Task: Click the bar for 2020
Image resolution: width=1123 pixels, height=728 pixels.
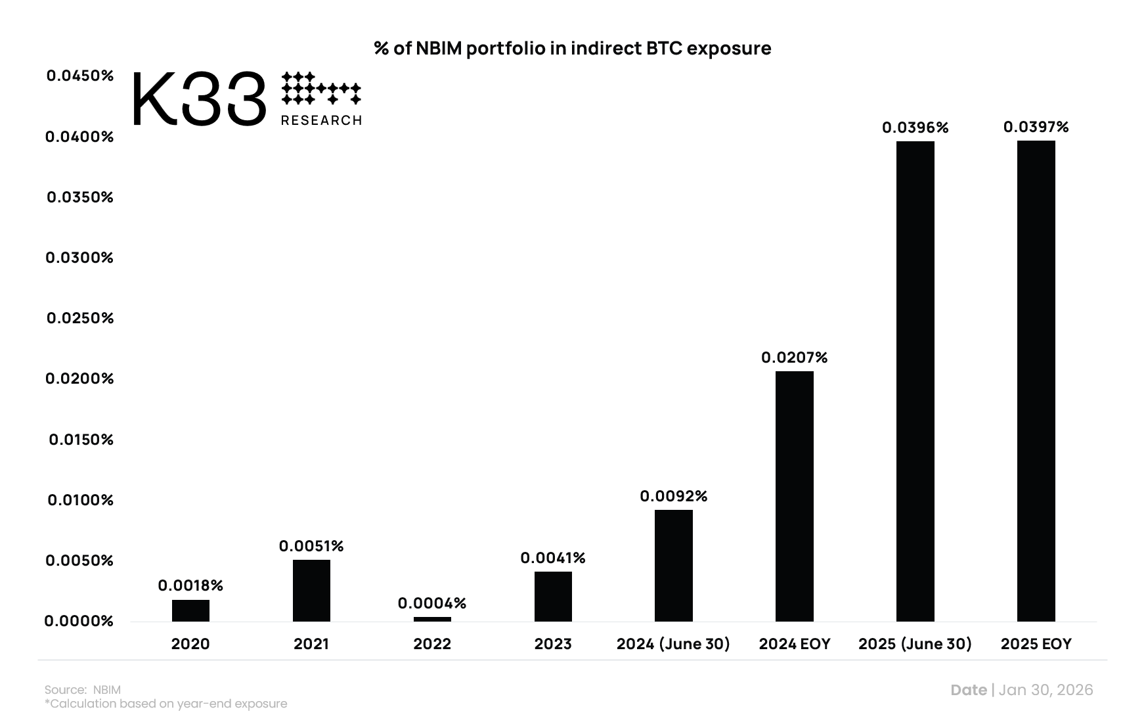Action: click(x=190, y=610)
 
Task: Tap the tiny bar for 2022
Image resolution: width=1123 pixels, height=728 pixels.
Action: click(x=432, y=619)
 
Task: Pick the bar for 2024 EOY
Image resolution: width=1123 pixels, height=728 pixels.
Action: click(x=794, y=496)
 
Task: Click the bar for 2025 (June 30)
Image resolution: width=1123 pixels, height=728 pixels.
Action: click(x=915, y=381)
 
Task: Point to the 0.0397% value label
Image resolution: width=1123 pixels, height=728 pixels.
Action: click(x=1036, y=127)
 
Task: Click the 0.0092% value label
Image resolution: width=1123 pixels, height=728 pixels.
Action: click(x=673, y=496)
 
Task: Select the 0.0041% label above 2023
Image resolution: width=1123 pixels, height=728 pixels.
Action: click(x=552, y=558)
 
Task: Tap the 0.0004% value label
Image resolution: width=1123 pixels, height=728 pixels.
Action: click(x=431, y=603)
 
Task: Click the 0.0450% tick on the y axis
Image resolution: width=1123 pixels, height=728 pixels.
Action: click(x=79, y=76)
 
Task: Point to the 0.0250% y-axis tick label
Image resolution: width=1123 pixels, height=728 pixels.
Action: click(x=79, y=318)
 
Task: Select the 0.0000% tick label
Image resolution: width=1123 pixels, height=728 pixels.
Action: click(x=79, y=621)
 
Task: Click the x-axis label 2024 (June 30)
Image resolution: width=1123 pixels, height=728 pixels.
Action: click(x=673, y=644)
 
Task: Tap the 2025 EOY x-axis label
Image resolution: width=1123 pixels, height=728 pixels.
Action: click(x=1036, y=644)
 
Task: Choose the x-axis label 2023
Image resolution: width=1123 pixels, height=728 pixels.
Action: click(x=552, y=644)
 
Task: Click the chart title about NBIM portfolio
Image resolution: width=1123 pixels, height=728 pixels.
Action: click(x=572, y=49)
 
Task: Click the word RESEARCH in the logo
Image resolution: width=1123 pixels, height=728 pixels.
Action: click(x=321, y=120)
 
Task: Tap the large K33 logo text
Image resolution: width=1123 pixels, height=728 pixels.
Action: click(x=199, y=101)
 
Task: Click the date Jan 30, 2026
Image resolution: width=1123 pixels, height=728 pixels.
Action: click(x=1046, y=690)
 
